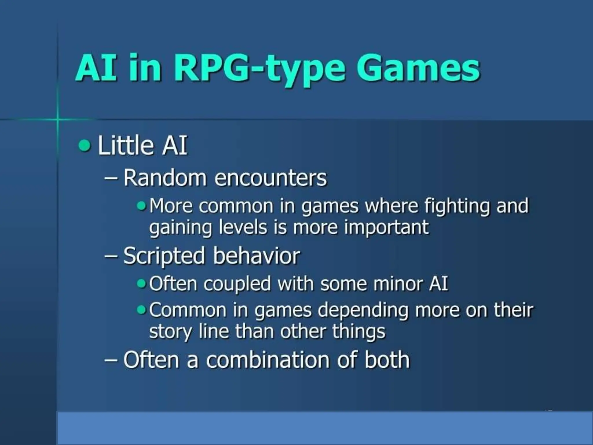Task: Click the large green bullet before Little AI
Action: coord(84,145)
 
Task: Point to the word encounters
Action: coord(270,178)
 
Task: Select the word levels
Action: coord(243,227)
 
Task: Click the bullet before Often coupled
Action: coord(142,283)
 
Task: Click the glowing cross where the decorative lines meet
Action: coord(57,119)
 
